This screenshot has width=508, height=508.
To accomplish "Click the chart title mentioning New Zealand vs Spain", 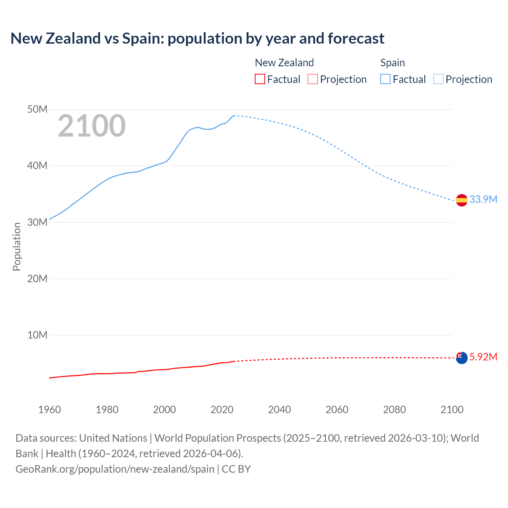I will [197, 38].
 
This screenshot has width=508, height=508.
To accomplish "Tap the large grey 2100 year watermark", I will [92, 126].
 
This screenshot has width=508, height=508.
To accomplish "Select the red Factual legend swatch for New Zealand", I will [260, 79].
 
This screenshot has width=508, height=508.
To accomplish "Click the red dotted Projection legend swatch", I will [313, 79].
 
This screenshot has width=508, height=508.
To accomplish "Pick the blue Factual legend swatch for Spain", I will [385, 79].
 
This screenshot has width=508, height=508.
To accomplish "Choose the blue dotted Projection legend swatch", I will [438, 79].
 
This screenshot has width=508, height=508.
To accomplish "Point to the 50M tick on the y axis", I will [37, 109].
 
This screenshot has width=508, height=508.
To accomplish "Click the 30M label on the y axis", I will [37, 222].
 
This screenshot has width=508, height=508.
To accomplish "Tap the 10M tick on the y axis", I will [37, 335].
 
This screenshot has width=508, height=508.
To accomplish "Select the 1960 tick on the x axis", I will [50, 410].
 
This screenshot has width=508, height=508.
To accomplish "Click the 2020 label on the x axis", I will [222, 410].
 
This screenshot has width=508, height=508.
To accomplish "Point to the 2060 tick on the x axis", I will [337, 410].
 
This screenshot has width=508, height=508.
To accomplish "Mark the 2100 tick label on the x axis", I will [452, 410].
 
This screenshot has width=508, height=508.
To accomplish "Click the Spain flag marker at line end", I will [462, 200].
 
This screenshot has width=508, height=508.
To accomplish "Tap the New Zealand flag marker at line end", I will [462, 358].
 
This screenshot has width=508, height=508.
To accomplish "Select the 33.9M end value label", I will [483, 199].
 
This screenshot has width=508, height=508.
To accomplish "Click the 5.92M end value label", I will [483, 357].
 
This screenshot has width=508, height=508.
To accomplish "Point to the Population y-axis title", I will [17, 246].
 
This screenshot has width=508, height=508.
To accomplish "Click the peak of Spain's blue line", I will [234, 115].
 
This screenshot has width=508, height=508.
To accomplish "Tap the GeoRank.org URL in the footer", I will [115, 469].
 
